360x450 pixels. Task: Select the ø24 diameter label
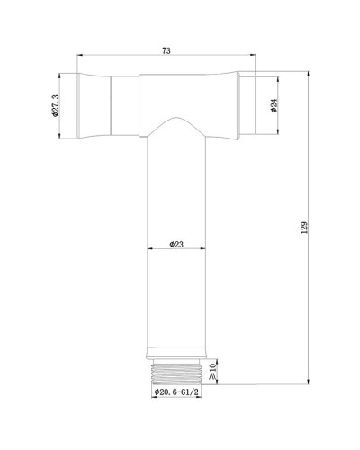[273, 105]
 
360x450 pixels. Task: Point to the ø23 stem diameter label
[178, 243]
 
